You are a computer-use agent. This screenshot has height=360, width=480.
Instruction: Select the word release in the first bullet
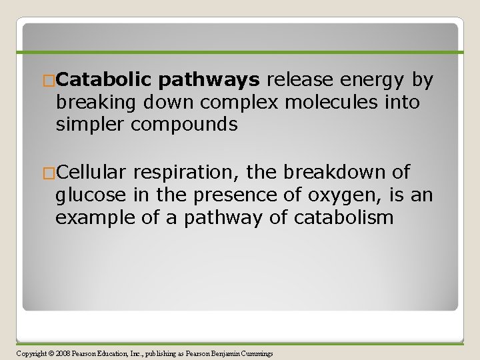click(301, 81)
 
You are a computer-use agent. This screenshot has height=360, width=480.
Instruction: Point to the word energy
click(374, 81)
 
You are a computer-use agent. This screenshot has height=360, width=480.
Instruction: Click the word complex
click(246, 103)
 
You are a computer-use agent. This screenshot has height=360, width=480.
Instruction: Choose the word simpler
click(90, 125)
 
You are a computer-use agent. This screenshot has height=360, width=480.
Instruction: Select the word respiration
click(187, 173)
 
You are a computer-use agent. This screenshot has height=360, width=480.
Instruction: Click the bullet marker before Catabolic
click(49, 81)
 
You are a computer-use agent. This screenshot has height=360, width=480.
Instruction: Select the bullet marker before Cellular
click(49, 173)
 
